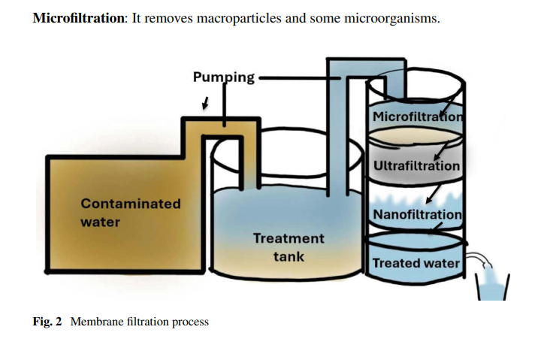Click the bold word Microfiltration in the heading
pos(78,18)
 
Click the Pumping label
pos(224,77)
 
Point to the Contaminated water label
pos(131,213)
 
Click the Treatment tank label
pos(289,247)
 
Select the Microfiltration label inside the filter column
pos(418,116)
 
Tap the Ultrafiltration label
pos(417,166)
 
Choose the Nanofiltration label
pos(417,214)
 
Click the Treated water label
pos(416,263)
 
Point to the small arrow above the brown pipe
pos(206,103)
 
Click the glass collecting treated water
pos(492,287)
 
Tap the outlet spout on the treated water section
pos(479,259)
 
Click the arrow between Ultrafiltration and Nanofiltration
pos(434,194)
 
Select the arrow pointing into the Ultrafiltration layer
pos(441,150)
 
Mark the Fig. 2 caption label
pos(47,322)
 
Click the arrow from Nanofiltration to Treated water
pos(436,228)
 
